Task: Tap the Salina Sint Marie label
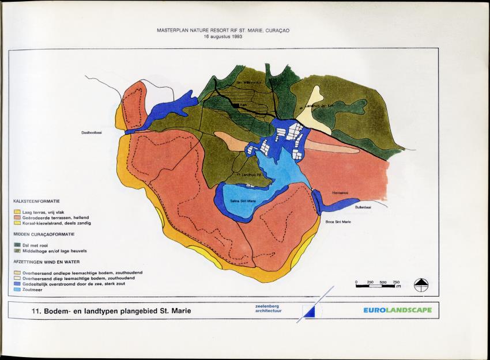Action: [x=243, y=200]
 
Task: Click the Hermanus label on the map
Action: [x=341, y=193]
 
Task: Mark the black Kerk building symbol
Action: [x=235, y=105]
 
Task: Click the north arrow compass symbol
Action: [x=421, y=285]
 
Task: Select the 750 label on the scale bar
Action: [x=396, y=282]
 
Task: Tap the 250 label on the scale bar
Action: [x=370, y=282]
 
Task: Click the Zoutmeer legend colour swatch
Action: [x=17, y=289]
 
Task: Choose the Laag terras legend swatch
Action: [x=17, y=212]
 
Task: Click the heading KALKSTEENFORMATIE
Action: [x=36, y=201]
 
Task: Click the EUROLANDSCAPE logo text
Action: [x=397, y=310]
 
